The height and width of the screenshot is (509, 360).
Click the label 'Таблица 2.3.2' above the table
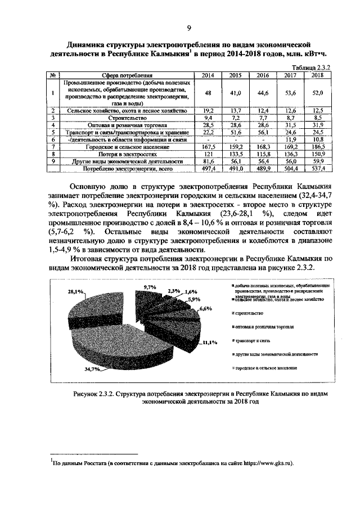(309, 66)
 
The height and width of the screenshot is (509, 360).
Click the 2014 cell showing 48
(208, 92)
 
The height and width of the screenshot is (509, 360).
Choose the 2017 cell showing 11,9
(291, 139)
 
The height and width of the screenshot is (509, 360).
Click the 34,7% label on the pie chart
(92, 369)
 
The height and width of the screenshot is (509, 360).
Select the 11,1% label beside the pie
(210, 343)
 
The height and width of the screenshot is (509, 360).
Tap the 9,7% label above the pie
(150, 287)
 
